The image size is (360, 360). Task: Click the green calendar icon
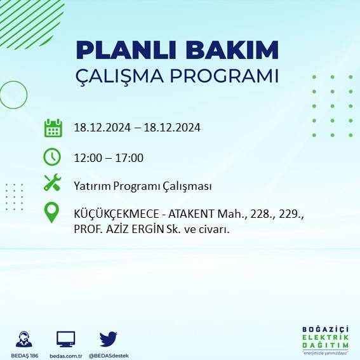[53, 128]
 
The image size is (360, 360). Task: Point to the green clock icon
[52, 156]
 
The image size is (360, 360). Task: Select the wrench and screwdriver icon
[52, 183]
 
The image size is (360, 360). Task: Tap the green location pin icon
[52, 213]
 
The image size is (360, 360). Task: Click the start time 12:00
[87, 158]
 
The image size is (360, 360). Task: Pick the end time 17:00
[130, 158]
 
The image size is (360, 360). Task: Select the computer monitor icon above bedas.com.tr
[66, 339]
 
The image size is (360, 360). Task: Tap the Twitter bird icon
[108, 338]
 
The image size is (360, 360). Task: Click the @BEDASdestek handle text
[109, 355]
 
